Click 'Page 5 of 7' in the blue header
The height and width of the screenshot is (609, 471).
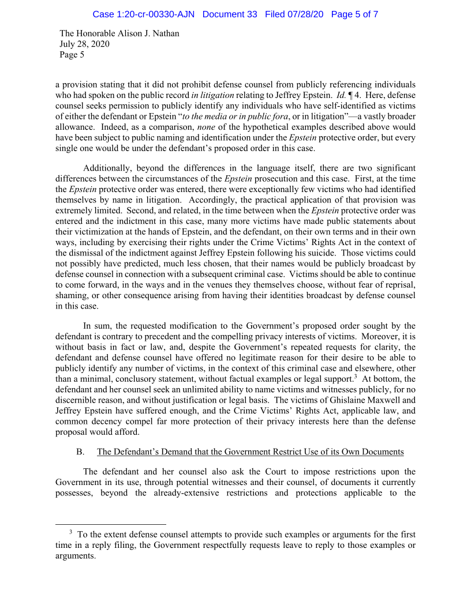[x=354, y=14]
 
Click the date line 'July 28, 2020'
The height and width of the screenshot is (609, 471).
[x=84, y=44]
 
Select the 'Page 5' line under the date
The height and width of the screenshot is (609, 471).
[x=72, y=55]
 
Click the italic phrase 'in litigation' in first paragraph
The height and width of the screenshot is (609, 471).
[x=212, y=95]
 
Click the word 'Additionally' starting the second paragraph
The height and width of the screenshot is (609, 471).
[x=107, y=168]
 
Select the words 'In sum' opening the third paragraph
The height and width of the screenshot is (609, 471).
[x=96, y=326]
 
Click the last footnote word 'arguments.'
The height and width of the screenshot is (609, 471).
[x=76, y=557]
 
